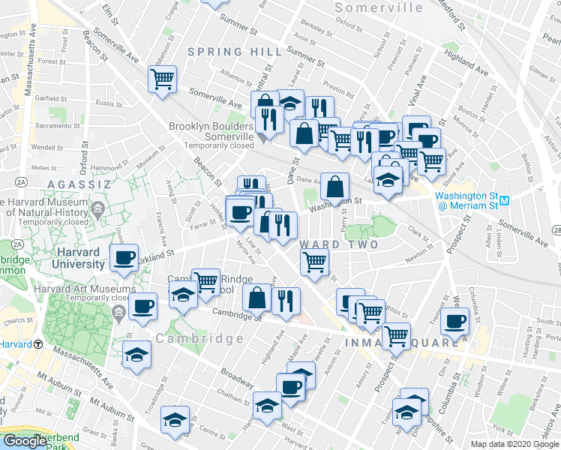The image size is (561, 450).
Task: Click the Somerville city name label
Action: (379, 7)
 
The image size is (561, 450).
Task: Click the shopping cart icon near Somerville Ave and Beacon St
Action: (162, 78)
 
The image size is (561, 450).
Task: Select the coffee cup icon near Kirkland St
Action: (124, 258)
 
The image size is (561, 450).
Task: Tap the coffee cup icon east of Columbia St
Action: (454, 321)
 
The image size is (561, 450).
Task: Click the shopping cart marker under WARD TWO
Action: (315, 262)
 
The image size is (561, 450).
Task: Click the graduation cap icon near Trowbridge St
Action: (137, 353)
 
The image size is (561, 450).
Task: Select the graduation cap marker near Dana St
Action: (175, 419)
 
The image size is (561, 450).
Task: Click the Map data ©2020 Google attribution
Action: (514, 444)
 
